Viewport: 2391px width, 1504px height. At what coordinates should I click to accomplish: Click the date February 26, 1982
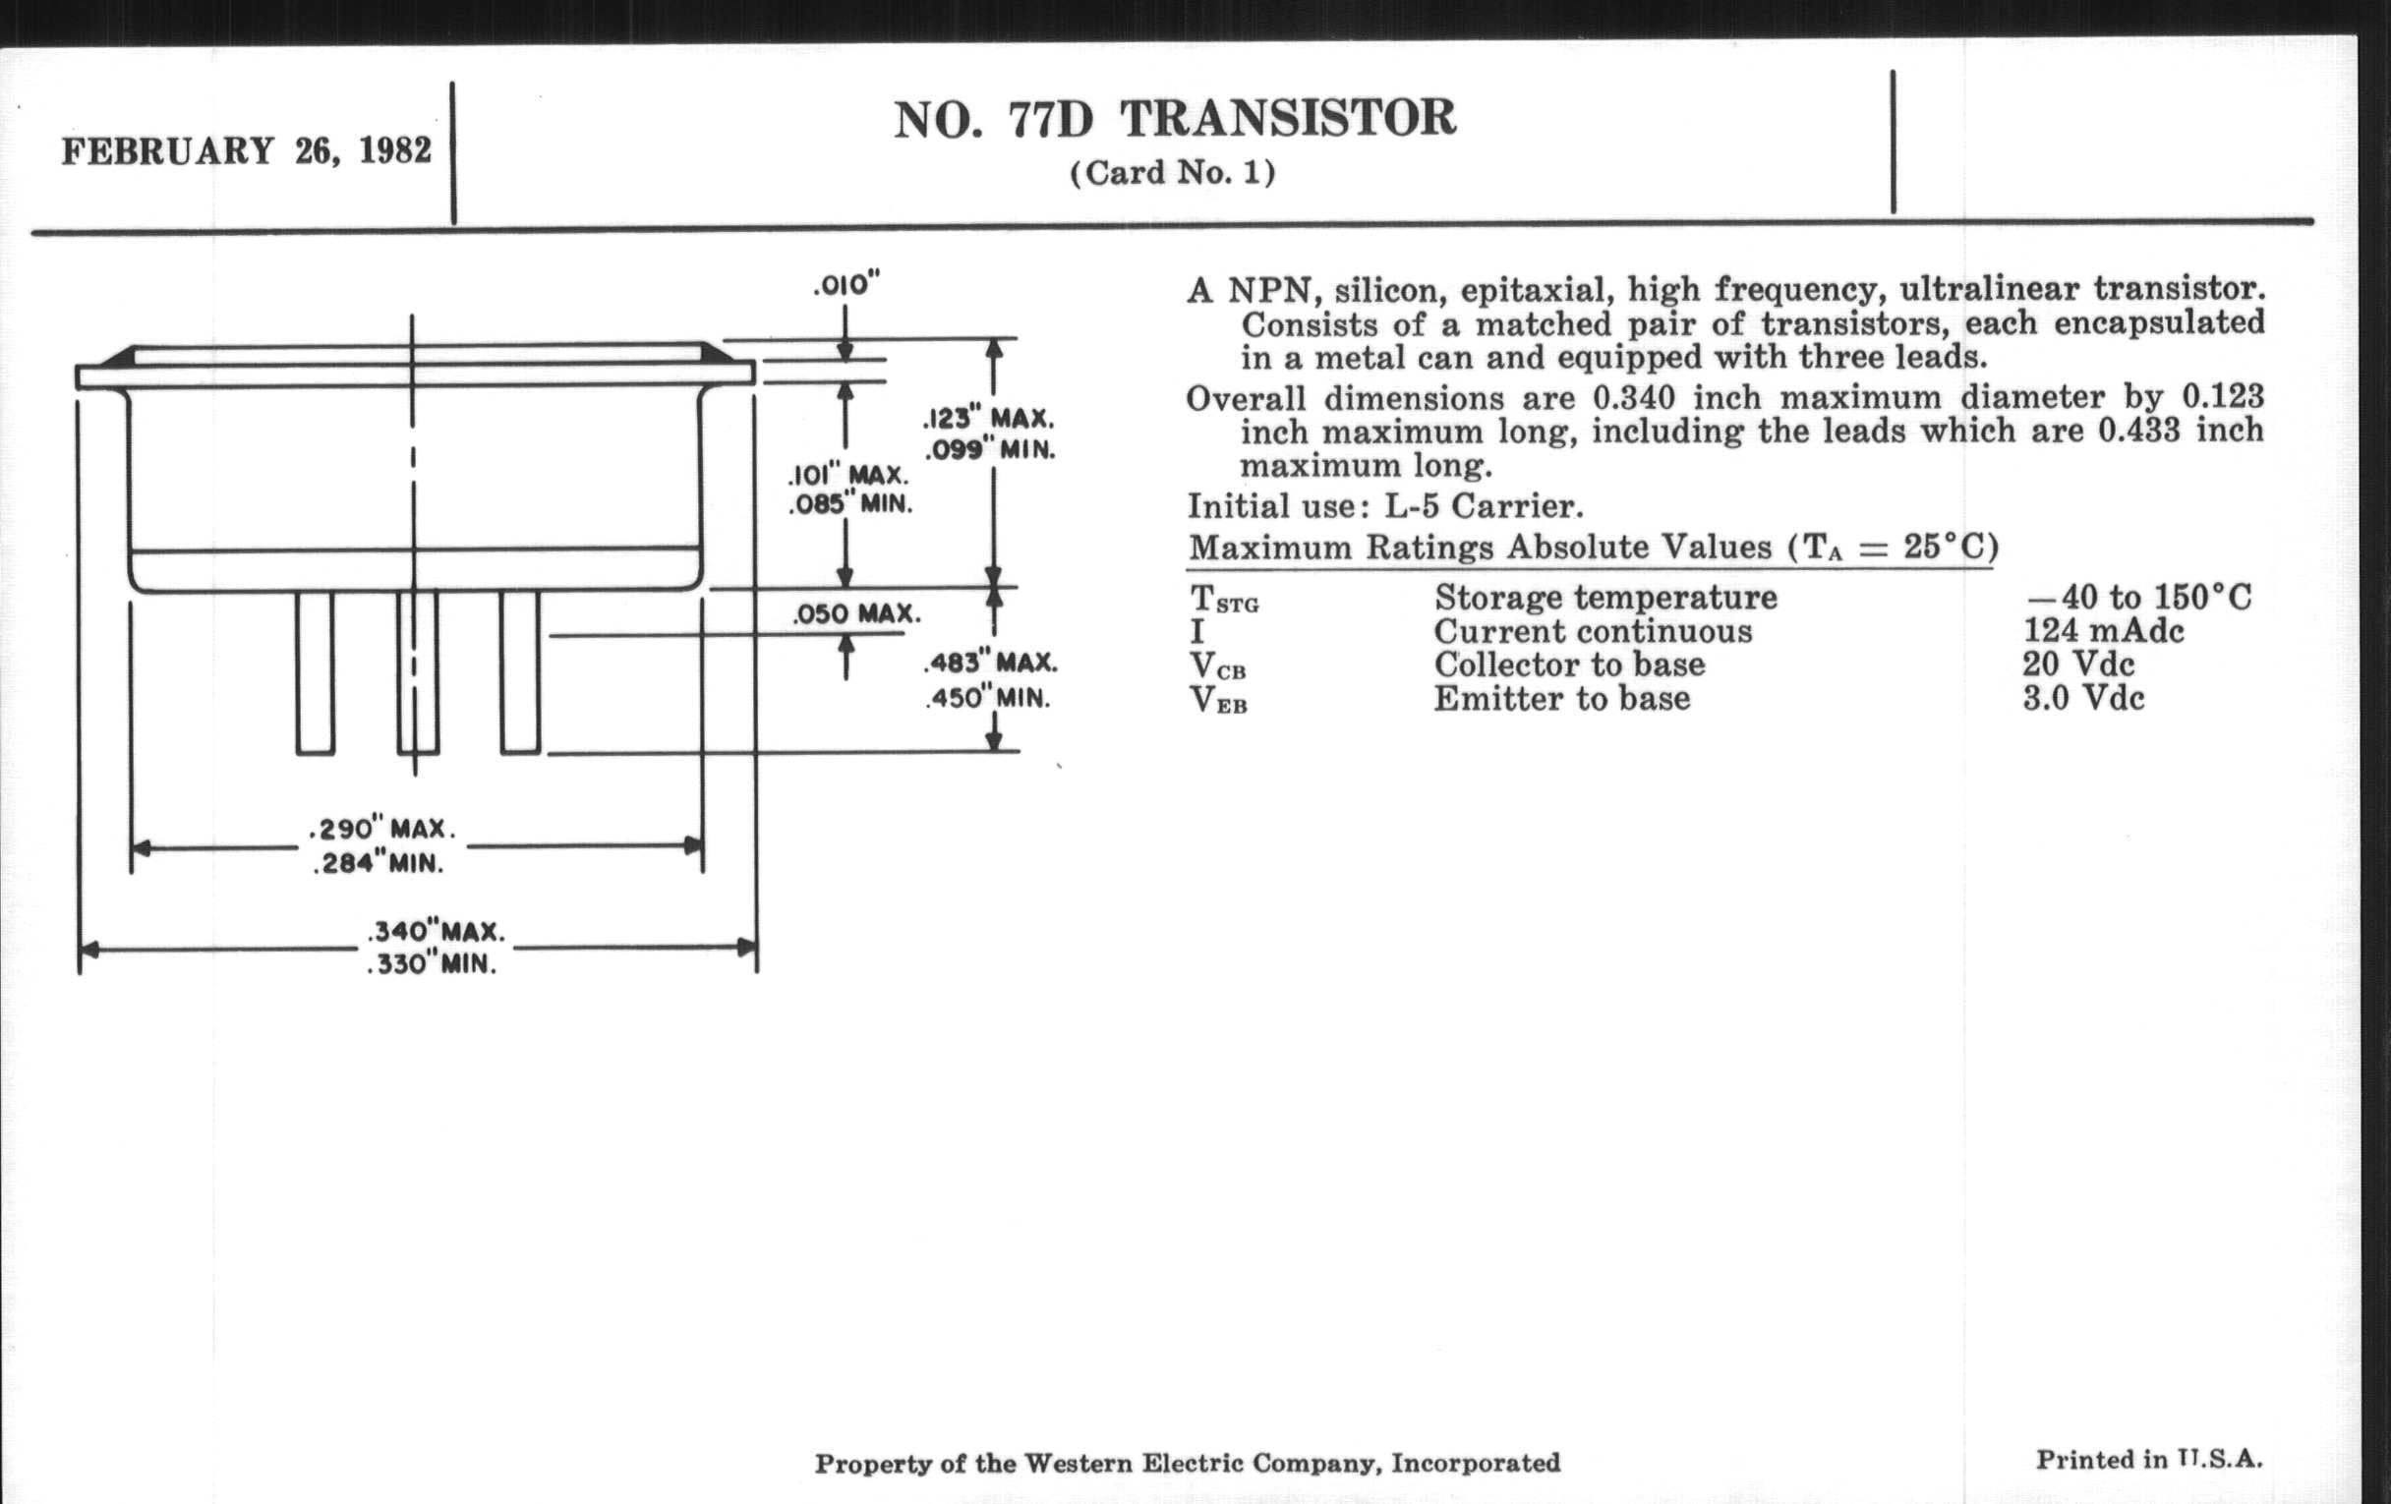[246, 151]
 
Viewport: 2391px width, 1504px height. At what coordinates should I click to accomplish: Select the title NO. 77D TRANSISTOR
[1175, 119]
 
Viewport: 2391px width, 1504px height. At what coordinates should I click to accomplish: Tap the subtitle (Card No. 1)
[1173, 173]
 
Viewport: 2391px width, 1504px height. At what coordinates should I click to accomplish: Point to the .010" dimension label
[846, 286]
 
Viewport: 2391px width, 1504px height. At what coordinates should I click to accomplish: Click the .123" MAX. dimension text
[989, 418]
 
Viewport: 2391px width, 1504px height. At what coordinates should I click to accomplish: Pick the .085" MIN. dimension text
[850, 504]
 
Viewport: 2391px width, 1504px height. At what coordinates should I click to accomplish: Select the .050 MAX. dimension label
[856, 613]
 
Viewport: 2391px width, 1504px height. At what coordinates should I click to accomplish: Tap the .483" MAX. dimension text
[990, 663]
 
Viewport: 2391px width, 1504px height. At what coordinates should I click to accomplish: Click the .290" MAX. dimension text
[382, 829]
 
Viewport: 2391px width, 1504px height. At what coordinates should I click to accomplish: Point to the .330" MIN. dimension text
[431, 965]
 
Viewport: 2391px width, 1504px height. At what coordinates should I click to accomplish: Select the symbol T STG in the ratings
[1223, 600]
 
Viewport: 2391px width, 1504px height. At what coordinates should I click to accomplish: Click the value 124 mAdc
[2103, 631]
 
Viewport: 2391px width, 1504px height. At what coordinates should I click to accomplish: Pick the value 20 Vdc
[2078, 665]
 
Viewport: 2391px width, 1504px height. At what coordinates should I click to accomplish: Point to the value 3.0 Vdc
[2083, 698]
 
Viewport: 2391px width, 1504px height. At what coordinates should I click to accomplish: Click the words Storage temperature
[1605, 598]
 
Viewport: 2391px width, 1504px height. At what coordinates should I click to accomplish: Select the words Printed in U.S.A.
[2149, 1460]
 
